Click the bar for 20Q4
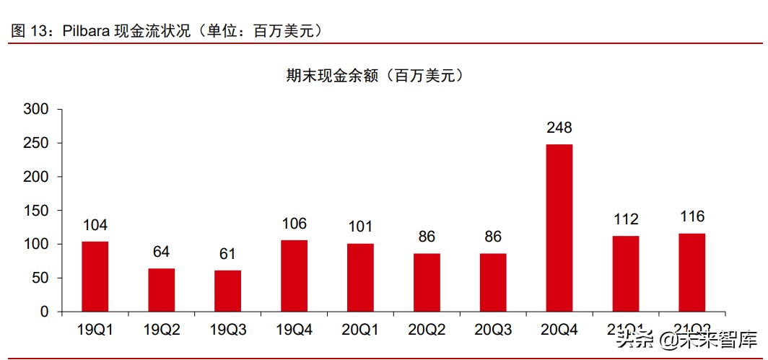tap(559, 228)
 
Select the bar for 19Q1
tap(95, 276)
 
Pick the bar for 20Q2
tap(427, 282)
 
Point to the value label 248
tap(559, 128)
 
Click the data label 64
tap(162, 252)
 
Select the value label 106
tap(294, 224)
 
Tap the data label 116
tap(692, 216)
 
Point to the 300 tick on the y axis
tap(36, 110)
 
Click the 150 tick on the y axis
tap(36, 211)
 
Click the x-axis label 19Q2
tap(162, 330)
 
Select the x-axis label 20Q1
tap(360, 330)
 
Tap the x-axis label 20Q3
tap(493, 330)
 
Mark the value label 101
tap(360, 227)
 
